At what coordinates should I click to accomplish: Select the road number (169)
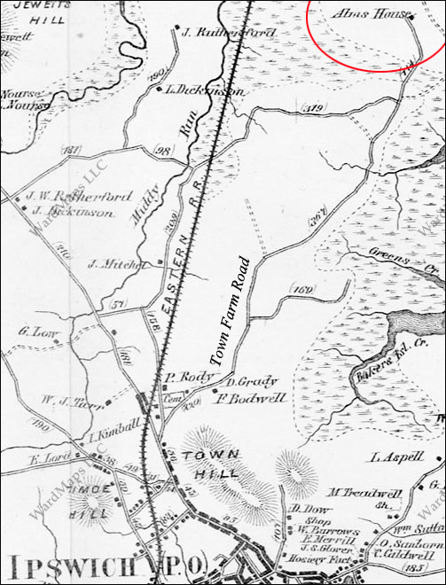pyautogui.click(x=302, y=289)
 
